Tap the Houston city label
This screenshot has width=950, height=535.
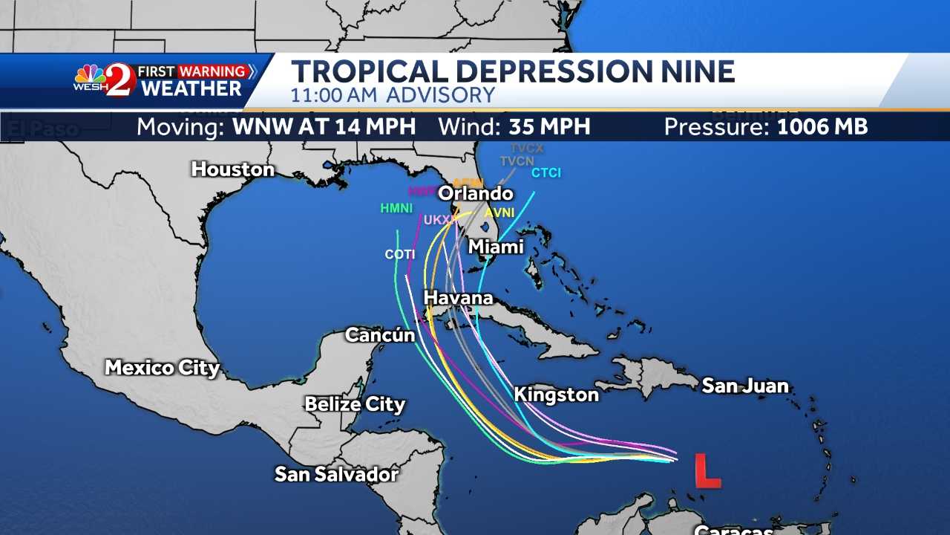click(x=233, y=169)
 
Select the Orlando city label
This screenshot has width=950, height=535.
click(x=476, y=194)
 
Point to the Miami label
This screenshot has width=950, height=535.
click(x=496, y=247)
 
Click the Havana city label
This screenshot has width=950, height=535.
click(x=458, y=298)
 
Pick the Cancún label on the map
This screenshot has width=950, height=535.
click(x=380, y=335)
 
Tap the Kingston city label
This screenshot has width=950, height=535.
click(x=557, y=395)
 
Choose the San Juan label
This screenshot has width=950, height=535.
click(x=745, y=386)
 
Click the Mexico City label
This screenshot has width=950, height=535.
click(x=163, y=368)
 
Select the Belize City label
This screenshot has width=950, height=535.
click(x=355, y=405)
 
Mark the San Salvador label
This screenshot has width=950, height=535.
click(x=337, y=474)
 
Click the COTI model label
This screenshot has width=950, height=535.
click(x=400, y=255)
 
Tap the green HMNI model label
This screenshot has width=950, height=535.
click(x=396, y=209)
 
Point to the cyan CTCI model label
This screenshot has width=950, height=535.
click(x=546, y=173)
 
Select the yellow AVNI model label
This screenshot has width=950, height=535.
click(x=499, y=213)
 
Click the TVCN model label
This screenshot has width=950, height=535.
click(x=517, y=161)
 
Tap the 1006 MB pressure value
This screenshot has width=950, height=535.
click(x=822, y=127)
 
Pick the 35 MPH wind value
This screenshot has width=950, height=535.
click(x=549, y=127)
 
